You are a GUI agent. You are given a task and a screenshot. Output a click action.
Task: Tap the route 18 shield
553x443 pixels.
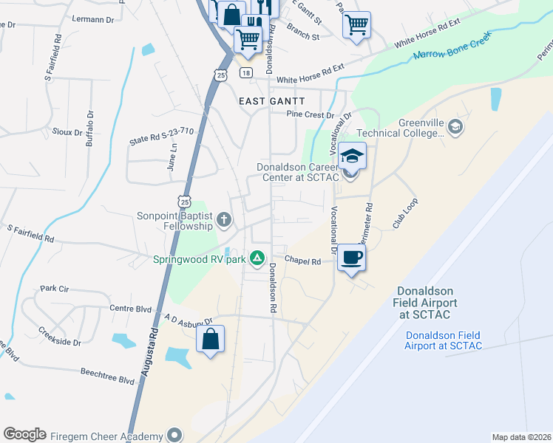click(246, 72)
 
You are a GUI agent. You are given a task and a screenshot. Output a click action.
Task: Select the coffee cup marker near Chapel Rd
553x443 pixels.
click(353, 258)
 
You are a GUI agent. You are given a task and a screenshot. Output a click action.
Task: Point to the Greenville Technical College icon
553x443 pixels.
click(455, 127)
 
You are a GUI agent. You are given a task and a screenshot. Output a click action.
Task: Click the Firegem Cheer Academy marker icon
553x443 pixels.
click(174, 434)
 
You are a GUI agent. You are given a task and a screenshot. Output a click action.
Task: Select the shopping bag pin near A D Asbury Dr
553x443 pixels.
click(211, 340)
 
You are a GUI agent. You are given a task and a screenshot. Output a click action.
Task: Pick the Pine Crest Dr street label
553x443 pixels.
click(311, 115)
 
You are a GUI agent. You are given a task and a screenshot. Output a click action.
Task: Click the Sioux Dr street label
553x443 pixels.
click(68, 132)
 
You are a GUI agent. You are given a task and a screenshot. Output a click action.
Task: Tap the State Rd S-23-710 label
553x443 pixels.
click(161, 134)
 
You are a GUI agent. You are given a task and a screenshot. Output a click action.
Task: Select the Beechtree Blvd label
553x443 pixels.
click(107, 376)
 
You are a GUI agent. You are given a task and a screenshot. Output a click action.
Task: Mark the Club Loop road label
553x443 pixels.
click(405, 213)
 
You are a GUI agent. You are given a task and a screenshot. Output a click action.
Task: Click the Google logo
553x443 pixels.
click(24, 434)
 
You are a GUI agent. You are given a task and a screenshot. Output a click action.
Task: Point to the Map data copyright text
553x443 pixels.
click(521, 437)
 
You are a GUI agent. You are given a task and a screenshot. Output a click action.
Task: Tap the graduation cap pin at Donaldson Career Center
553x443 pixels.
click(353, 157)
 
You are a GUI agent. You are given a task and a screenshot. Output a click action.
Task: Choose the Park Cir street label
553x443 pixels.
click(54, 288)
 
